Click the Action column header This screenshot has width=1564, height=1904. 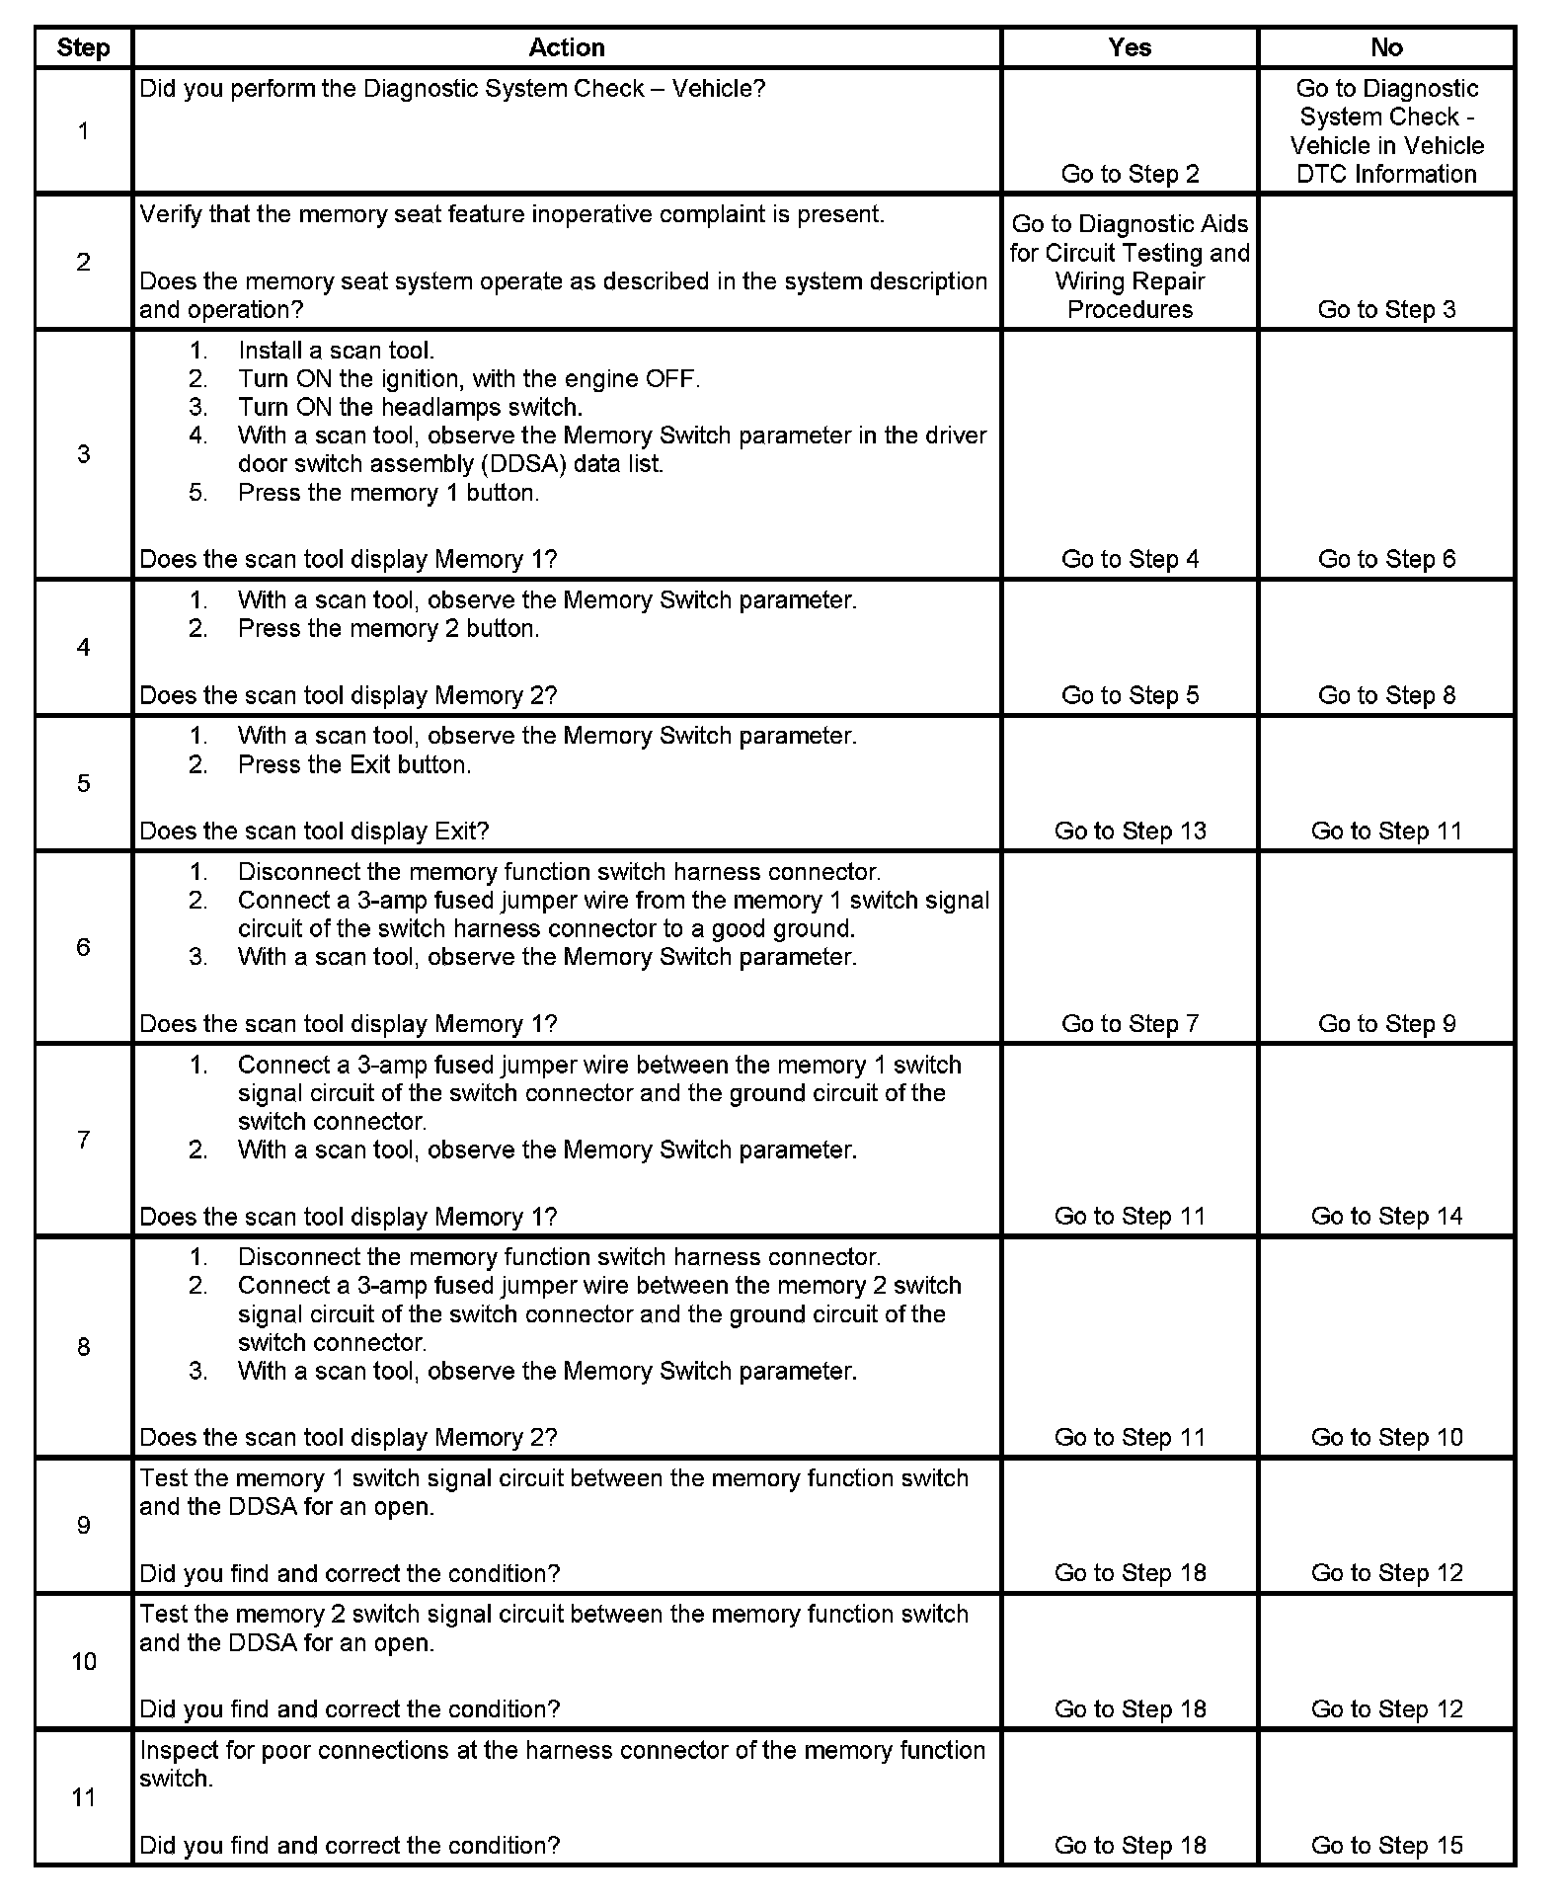click(566, 47)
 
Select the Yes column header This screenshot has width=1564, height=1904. click(1130, 47)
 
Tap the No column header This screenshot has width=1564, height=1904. click(1386, 47)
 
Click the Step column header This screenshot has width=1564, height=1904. click(83, 47)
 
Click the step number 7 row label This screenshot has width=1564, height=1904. click(83, 1140)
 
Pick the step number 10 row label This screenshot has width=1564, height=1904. click(83, 1661)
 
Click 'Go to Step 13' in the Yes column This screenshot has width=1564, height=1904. click(1130, 831)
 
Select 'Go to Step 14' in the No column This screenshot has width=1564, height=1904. click(1386, 1216)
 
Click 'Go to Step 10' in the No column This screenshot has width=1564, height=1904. click(1386, 1437)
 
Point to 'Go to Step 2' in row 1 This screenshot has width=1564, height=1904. click(1130, 174)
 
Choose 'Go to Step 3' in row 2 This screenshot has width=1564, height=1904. click(1386, 309)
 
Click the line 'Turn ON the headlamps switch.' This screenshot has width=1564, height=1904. click(410, 407)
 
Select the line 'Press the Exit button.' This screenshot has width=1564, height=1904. click(354, 764)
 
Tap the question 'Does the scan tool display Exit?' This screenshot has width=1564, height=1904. click(314, 831)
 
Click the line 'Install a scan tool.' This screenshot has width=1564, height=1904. click(336, 351)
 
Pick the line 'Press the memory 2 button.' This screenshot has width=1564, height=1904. click(388, 628)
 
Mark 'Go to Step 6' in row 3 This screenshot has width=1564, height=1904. click(1386, 559)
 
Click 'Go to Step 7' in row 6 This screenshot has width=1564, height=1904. click(1130, 1023)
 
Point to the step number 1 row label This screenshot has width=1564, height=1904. click(83, 130)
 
